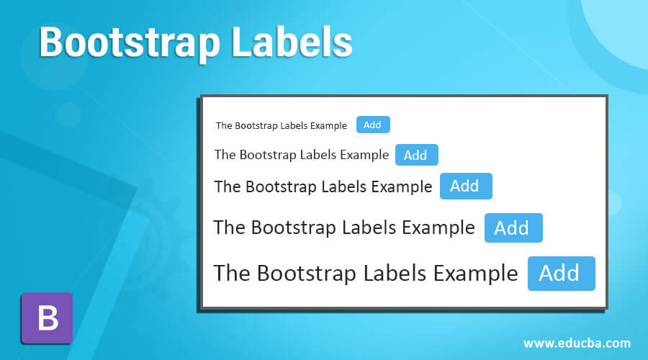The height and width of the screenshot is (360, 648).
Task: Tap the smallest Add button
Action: tap(372, 125)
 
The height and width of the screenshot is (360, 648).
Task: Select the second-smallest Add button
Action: tap(416, 155)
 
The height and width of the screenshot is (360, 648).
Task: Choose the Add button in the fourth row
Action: tap(513, 228)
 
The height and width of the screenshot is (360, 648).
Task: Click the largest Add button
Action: tap(561, 274)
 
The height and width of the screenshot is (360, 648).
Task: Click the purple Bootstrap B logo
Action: tap(47, 318)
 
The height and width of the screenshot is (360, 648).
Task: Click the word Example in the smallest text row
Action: tap(328, 125)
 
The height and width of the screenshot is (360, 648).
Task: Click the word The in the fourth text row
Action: tap(230, 228)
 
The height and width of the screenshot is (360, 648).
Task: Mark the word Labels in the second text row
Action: tap(316, 155)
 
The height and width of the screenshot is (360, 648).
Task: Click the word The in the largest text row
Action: tap(233, 274)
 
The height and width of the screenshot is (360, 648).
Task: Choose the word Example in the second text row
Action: tap(364, 155)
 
